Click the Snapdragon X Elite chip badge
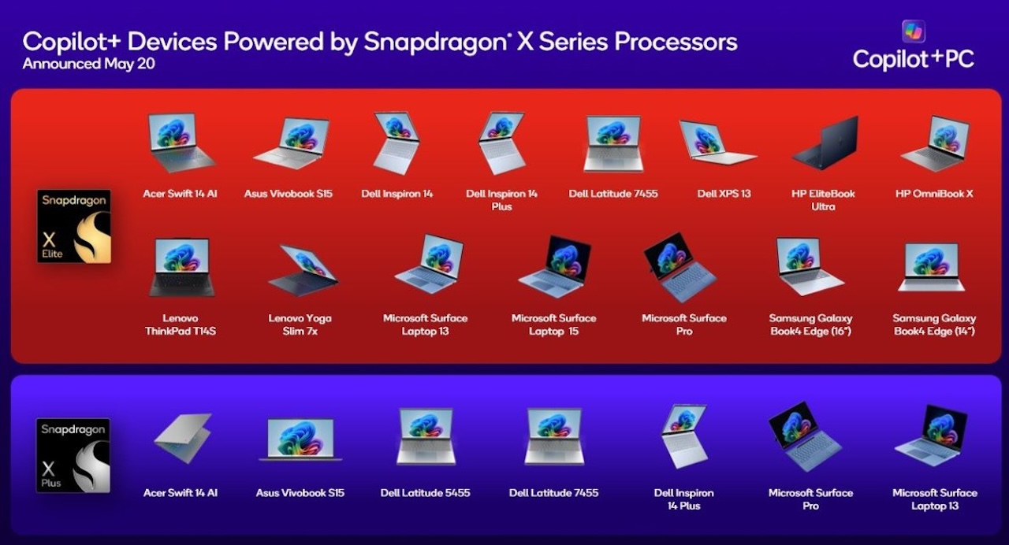pos(74,226)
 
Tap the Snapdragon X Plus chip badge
pos(73,455)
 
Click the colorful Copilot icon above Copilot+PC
pos(914,32)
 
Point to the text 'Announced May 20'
pos(89,64)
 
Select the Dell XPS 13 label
pos(724,194)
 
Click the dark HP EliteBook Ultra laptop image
pos(825,143)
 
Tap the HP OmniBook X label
pos(934,194)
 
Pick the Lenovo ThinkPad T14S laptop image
pos(181,267)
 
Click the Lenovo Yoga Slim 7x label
pos(300,324)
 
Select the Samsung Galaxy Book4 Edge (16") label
pos(811,324)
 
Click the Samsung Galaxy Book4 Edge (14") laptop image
pos(932,267)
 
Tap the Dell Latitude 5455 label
pos(425,493)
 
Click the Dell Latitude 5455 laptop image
pos(426,436)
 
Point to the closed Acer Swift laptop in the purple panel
pos(183,438)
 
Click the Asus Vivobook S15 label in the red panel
pos(289,194)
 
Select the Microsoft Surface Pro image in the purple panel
pos(805,436)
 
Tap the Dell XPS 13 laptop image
pos(718,143)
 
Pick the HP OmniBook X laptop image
pos(936,143)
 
